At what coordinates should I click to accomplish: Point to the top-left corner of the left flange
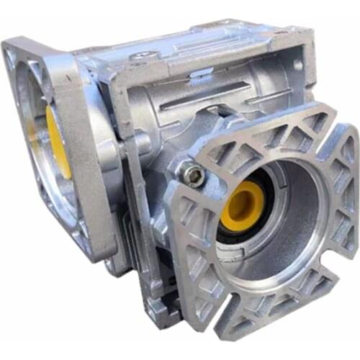point(10,48)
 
